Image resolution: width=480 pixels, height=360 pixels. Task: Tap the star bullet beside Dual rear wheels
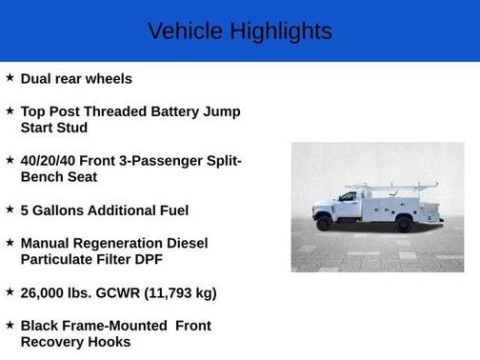10,78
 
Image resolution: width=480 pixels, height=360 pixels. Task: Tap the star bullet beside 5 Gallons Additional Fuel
10,210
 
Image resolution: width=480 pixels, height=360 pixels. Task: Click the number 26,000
45,293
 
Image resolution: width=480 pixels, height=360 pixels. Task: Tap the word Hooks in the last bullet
108,342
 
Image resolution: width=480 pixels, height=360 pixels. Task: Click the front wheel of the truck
326,224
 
